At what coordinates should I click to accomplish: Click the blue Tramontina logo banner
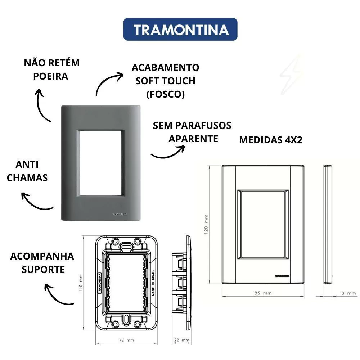pyautogui.click(x=180, y=30)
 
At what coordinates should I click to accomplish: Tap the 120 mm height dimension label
pyautogui.click(x=206, y=224)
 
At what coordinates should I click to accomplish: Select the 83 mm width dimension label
pyautogui.click(x=263, y=293)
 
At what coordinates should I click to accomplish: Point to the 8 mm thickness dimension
pyautogui.click(x=348, y=293)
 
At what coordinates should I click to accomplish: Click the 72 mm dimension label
pyautogui.click(x=126, y=340)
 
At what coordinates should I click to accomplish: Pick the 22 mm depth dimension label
pyautogui.click(x=181, y=340)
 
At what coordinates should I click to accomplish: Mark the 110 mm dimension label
pyautogui.click(x=81, y=283)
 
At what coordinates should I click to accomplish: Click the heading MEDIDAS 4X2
pyautogui.click(x=271, y=140)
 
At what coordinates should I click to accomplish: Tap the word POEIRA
pyautogui.click(x=50, y=76)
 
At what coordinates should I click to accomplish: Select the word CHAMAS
pyautogui.click(x=27, y=178)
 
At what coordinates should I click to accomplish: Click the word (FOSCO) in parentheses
pyautogui.click(x=166, y=94)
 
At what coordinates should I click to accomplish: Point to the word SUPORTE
pyautogui.click(x=43, y=270)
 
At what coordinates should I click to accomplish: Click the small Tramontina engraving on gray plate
pyautogui.click(x=120, y=214)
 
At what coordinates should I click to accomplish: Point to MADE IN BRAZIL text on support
pyautogui.click(x=153, y=283)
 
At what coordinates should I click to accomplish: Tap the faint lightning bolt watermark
pyautogui.click(x=291, y=75)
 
